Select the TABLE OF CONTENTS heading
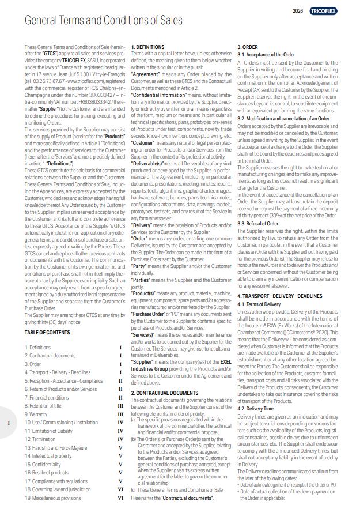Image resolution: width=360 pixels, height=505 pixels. (47, 333)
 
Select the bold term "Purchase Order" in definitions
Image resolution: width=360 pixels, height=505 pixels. (150, 314)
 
